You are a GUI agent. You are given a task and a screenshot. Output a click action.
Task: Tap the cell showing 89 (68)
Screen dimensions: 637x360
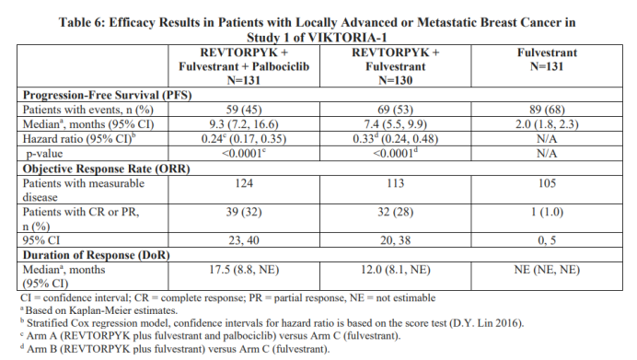click(x=547, y=110)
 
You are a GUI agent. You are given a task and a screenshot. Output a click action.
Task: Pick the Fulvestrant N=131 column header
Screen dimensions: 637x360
click(x=547, y=59)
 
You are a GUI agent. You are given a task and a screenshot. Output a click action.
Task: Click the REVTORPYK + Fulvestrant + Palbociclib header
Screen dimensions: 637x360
click(x=244, y=66)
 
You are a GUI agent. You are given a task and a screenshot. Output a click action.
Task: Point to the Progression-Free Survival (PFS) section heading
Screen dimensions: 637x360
click(x=108, y=95)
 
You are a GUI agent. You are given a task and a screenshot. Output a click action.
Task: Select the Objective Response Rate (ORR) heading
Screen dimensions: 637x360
click(x=107, y=168)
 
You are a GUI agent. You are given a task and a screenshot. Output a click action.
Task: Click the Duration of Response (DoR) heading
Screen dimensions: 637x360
click(x=97, y=255)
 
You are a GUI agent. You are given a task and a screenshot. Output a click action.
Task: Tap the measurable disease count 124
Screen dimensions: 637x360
click(x=244, y=183)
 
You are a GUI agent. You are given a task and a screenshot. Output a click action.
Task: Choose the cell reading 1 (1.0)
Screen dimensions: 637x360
click(x=547, y=212)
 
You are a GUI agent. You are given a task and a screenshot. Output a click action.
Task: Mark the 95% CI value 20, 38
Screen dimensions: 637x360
click(x=395, y=240)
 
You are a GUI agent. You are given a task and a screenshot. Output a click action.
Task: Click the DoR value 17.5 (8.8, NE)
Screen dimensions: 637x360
click(x=244, y=270)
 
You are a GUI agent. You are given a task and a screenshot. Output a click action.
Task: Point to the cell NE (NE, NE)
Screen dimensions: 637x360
click(x=547, y=270)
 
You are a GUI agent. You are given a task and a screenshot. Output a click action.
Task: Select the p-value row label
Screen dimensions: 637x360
click(x=45, y=154)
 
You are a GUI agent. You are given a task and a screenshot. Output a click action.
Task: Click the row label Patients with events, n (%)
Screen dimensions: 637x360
click(x=88, y=110)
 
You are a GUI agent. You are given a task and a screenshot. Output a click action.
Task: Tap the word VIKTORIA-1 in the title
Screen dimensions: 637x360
click(x=347, y=38)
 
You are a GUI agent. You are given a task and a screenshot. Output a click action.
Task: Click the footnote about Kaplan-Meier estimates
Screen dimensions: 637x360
click(x=99, y=310)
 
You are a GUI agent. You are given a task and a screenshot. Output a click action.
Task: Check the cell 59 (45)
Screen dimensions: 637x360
click(x=244, y=110)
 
